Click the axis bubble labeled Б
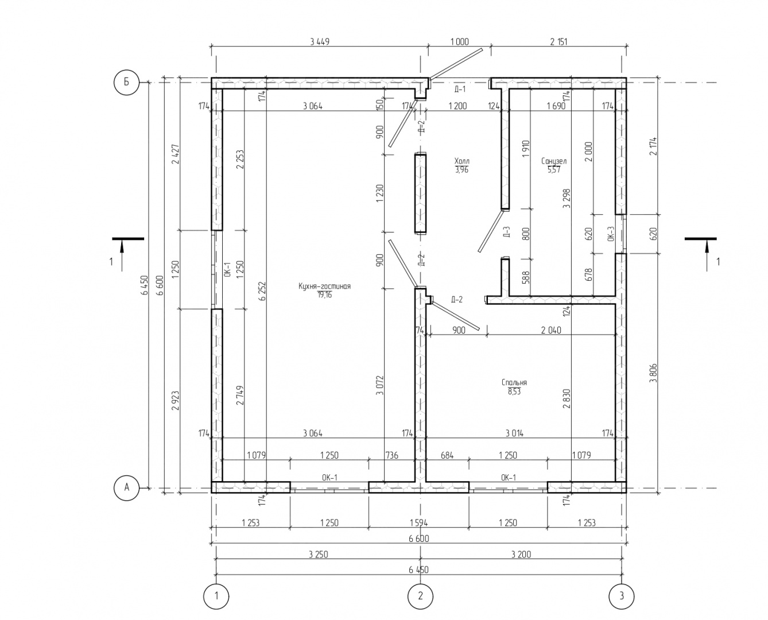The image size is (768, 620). (x=127, y=82)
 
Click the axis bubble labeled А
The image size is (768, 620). (x=127, y=488)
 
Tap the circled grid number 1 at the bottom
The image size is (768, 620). (x=216, y=596)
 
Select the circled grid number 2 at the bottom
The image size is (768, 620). (x=420, y=596)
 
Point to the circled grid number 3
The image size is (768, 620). (x=622, y=596)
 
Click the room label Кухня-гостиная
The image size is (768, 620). (x=324, y=286)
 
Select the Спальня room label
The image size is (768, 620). (x=514, y=382)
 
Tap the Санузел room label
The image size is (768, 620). (x=554, y=161)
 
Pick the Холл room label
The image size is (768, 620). (x=461, y=161)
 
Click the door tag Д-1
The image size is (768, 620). (x=460, y=90)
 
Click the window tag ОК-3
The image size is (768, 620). (x=611, y=234)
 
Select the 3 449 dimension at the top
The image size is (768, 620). (x=319, y=41)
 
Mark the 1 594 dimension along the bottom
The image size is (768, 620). (x=420, y=523)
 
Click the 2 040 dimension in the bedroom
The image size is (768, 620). (x=551, y=330)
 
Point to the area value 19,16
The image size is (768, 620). (x=324, y=295)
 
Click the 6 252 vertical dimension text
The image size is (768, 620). (x=262, y=291)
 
